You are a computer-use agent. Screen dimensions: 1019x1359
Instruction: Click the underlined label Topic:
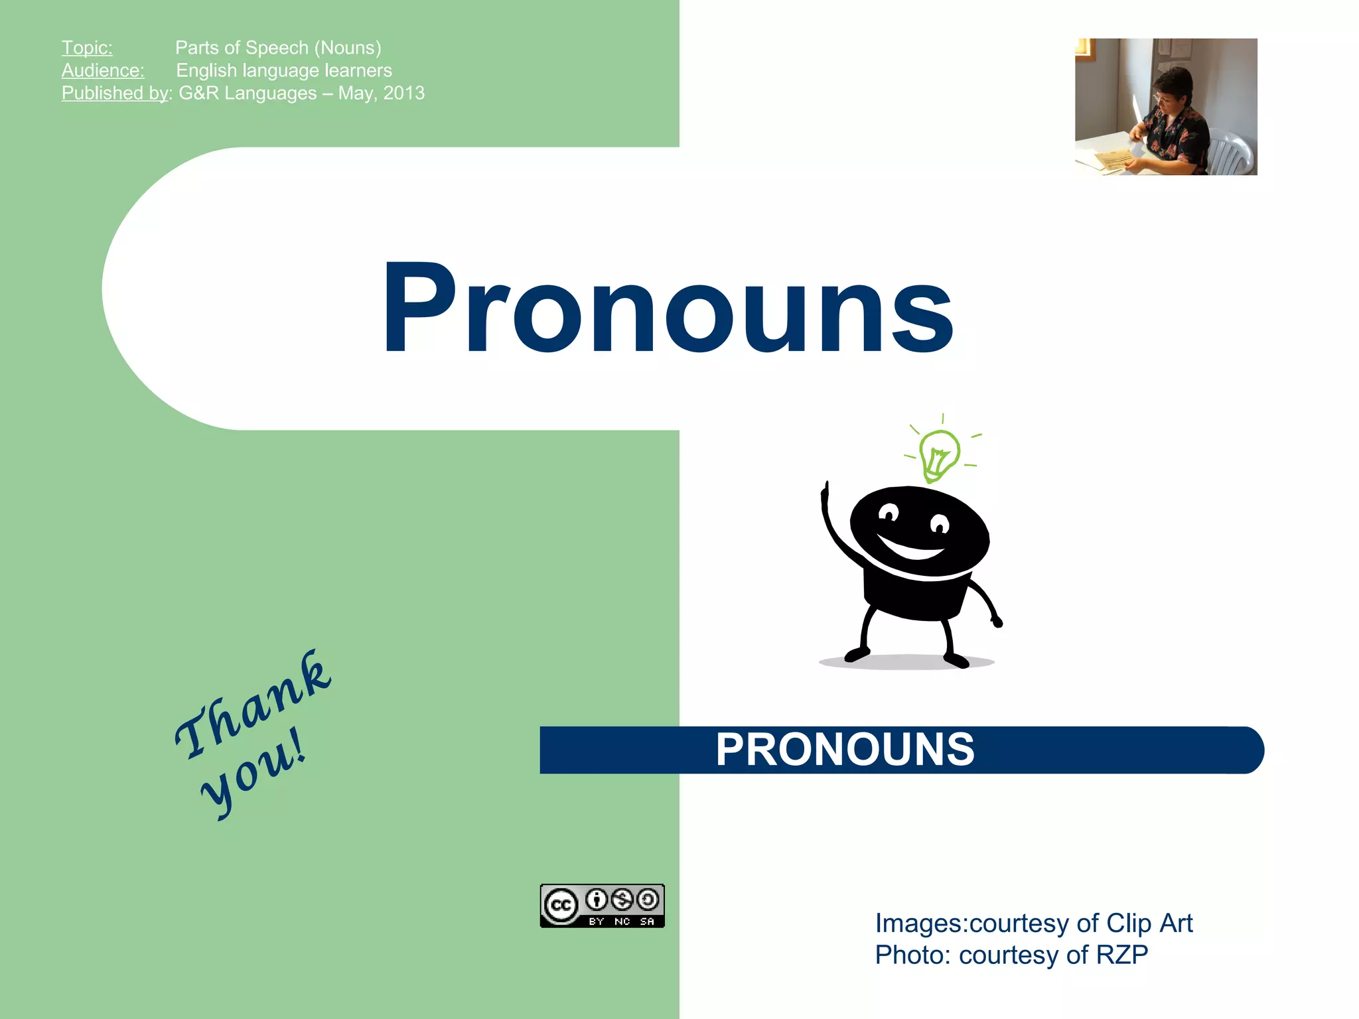click(87, 48)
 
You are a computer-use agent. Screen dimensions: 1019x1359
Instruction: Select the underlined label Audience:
click(103, 70)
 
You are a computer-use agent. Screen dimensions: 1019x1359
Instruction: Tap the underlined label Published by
click(115, 93)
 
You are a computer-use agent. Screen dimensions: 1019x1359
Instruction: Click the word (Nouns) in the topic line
click(348, 48)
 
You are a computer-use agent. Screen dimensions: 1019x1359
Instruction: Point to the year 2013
click(404, 93)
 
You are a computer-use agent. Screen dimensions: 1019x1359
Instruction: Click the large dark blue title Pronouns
click(668, 308)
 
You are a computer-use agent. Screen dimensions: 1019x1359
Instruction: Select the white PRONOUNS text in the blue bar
click(845, 750)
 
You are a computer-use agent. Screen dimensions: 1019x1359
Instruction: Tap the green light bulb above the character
click(938, 454)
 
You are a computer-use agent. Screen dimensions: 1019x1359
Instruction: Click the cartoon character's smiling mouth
click(910, 548)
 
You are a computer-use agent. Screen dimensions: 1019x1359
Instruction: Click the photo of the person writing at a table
click(1166, 107)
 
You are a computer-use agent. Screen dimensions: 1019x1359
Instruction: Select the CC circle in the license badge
click(561, 906)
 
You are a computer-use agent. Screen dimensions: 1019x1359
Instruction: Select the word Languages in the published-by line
click(270, 93)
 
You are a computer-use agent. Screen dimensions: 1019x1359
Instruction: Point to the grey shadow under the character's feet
click(906, 662)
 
